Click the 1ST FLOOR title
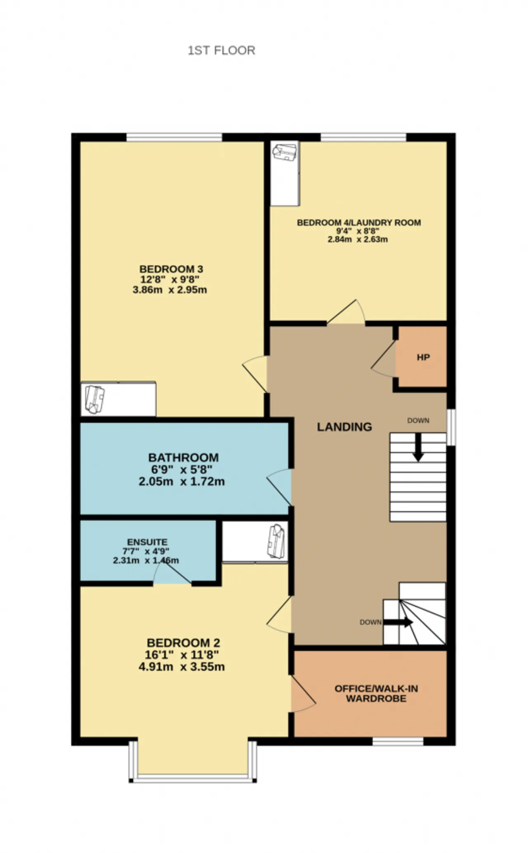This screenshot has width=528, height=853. click(222, 50)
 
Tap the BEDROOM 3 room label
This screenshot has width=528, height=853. click(171, 269)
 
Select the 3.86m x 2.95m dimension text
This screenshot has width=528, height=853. click(170, 290)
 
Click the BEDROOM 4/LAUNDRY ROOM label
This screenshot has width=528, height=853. click(359, 223)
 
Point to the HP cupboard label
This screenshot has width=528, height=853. click(423, 357)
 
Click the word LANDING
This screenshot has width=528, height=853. click(344, 427)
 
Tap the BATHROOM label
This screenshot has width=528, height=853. click(184, 457)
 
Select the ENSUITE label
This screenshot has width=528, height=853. click(147, 542)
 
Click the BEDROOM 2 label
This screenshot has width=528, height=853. click(184, 643)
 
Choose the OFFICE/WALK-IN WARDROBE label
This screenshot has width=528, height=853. click(376, 694)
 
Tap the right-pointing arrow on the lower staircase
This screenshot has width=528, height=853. click(398, 622)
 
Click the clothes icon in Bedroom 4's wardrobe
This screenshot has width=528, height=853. click(285, 152)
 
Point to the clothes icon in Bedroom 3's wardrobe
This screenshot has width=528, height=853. click(94, 399)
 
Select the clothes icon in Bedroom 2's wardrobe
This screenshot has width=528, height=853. click(276, 541)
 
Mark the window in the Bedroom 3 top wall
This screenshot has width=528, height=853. click(174, 137)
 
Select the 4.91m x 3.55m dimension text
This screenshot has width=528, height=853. click(181, 667)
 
